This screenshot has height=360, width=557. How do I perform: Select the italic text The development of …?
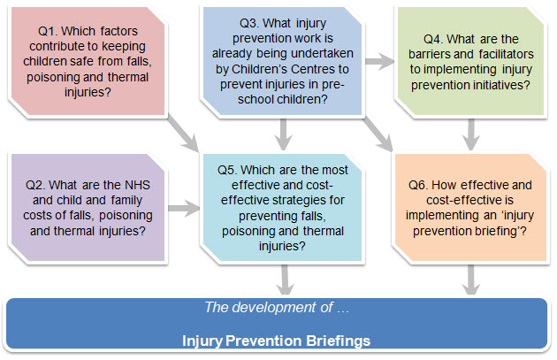point(277,307)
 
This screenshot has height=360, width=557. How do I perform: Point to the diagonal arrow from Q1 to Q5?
point(184,133)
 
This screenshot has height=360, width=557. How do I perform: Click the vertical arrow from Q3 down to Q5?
point(283,134)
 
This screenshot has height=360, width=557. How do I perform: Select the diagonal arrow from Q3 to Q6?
point(380,134)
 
